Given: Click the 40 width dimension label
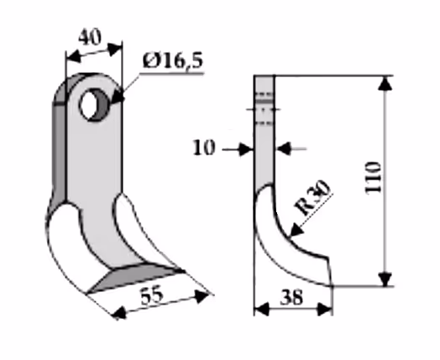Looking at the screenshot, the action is point(90,38).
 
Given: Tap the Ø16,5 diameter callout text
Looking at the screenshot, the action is point(173,60).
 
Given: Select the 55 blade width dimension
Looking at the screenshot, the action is point(152,296).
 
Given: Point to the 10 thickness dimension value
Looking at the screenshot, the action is point(204,148).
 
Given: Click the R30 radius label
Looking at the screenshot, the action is point(312,198).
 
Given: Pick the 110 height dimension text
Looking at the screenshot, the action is point(374,177).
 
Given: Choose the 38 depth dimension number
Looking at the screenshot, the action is point(292,297).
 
